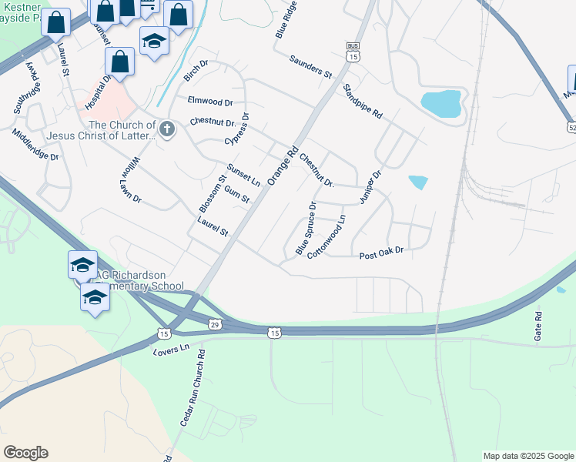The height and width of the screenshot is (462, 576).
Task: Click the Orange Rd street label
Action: tap(282, 166)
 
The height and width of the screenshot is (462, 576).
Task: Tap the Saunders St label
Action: tap(310, 67)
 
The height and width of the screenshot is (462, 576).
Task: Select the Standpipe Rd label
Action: tap(363, 100)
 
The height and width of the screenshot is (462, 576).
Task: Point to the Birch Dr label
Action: tap(196, 71)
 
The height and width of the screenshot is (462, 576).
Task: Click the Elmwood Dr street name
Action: tap(210, 101)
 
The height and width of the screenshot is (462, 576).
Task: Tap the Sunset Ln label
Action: tap(243, 175)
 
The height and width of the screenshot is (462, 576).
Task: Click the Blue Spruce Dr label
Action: tap(306, 228)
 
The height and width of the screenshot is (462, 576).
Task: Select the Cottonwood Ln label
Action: tap(327, 235)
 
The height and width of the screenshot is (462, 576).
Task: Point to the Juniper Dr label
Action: tap(370, 187)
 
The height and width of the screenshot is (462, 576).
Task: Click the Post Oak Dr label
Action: tap(381, 253)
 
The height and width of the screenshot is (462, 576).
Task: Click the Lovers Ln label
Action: tap(171, 349)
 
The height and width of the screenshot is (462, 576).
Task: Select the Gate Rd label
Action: tap(538, 326)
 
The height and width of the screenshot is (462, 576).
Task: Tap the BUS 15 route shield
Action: tap(353, 52)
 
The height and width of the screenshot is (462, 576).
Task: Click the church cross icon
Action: tap(167, 129)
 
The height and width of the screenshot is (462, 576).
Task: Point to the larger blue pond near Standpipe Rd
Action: tap(440, 103)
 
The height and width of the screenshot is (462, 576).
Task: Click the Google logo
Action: tap(25, 453)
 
